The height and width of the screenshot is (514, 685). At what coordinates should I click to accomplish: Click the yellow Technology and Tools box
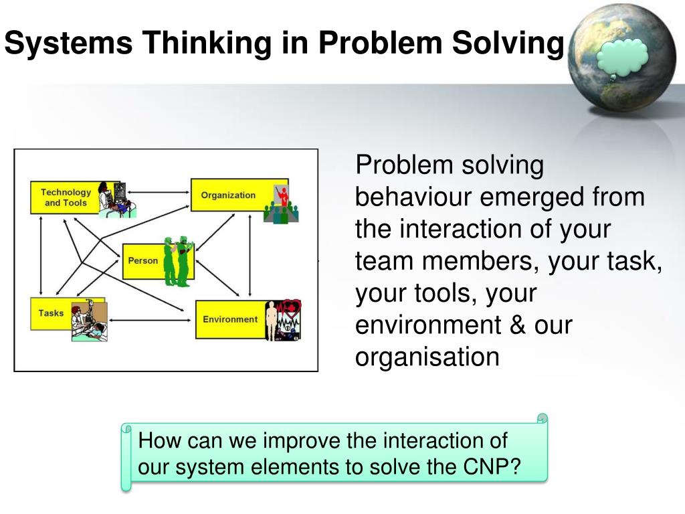coord(66,197)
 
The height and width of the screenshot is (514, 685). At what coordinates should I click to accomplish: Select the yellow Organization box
coord(228,195)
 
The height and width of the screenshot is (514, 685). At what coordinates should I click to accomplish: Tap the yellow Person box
coord(142,260)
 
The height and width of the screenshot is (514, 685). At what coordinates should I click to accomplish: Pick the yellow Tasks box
coord(52,313)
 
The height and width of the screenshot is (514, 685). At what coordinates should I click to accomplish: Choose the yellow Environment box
coord(229,319)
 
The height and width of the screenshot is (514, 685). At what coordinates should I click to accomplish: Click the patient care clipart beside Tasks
coord(89,322)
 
